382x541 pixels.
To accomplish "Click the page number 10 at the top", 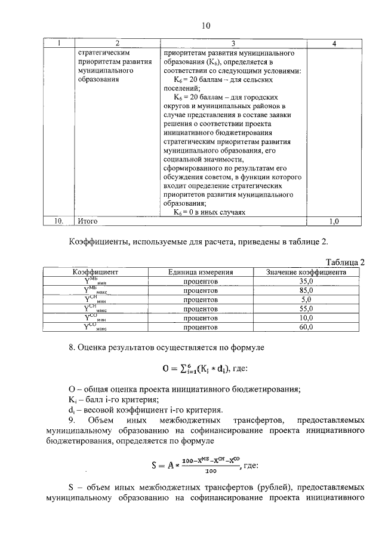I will pos(206,26).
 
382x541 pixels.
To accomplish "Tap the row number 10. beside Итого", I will pos(59,221).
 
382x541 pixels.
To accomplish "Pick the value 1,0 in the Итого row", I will pos(334,221).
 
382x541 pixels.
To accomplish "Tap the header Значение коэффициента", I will pos(306,271).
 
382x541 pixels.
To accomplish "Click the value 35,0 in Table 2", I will pos(306,281).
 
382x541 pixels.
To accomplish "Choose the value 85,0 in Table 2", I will pos(306,290).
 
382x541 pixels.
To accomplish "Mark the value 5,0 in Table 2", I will pos(306,299).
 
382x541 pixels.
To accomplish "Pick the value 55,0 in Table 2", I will pos(306,309).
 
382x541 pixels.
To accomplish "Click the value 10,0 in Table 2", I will pos(306,319).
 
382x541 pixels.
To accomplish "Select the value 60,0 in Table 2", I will pos(306,328).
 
